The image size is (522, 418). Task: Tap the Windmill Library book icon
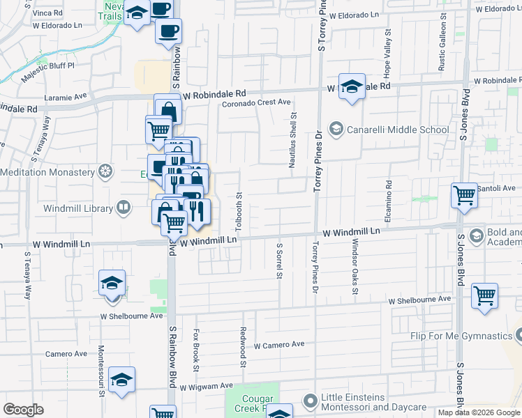123,208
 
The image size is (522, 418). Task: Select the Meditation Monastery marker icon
105,171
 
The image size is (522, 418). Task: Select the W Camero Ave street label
279,345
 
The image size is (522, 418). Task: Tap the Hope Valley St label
385,54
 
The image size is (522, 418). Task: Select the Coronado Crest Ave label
256,102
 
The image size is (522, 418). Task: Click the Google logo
24,409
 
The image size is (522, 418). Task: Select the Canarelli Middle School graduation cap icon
336,130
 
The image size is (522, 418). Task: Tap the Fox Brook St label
197,350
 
